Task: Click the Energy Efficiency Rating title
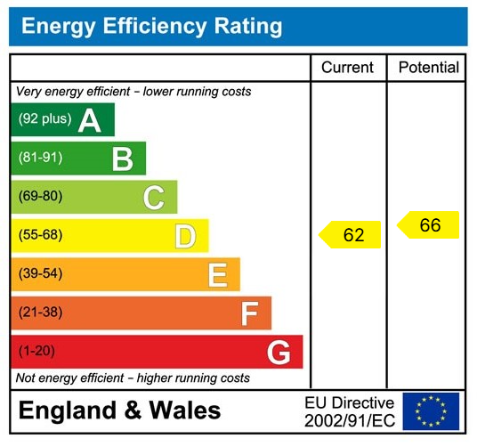[x=151, y=26]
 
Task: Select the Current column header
[x=347, y=68]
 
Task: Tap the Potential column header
[x=428, y=68]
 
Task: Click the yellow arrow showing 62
[x=351, y=235]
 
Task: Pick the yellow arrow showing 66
[x=428, y=225]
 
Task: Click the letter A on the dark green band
[x=90, y=120]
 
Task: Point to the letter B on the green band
[x=122, y=158]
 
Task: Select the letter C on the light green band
[x=154, y=197]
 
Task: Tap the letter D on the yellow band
[x=185, y=236]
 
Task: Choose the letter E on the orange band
[x=217, y=275]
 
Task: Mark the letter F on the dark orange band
[x=249, y=313]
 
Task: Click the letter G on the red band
[x=279, y=353]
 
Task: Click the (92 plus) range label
[x=44, y=119]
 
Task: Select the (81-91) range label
[x=41, y=158]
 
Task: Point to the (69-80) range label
[x=41, y=197]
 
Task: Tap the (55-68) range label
[x=41, y=235]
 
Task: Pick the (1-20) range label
[x=37, y=351]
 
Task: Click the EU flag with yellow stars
[x=431, y=410]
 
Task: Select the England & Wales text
[x=119, y=410]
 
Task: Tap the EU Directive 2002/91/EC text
[x=349, y=410]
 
